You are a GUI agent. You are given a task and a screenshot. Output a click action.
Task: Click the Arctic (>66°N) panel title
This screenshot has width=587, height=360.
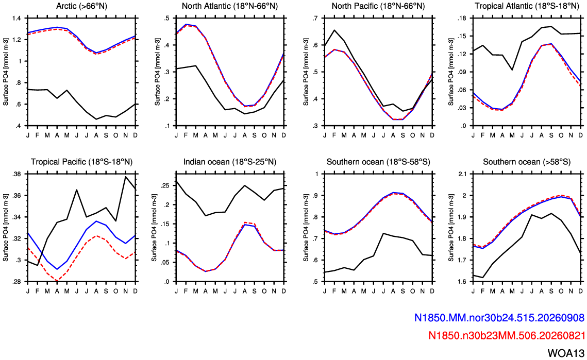[x=81, y=6]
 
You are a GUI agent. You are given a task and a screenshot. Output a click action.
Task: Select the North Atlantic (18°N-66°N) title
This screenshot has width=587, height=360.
[x=230, y=6]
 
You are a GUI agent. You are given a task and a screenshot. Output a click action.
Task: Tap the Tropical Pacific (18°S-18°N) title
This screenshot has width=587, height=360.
[x=81, y=162]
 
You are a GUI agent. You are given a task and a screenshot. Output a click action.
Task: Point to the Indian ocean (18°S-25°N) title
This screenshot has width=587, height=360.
[x=230, y=162]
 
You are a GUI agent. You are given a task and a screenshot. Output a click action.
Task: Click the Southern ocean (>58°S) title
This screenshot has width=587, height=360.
[x=527, y=162]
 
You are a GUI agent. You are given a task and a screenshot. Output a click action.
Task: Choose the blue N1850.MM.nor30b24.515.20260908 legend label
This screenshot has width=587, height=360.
[x=499, y=318]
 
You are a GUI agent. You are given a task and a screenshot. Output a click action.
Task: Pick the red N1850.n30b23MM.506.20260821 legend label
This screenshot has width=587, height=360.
[x=506, y=335]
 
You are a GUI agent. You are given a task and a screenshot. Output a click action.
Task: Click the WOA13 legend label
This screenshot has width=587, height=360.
[x=566, y=353]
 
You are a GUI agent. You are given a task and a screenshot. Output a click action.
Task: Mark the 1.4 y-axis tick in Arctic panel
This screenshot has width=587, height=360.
[x=18, y=18]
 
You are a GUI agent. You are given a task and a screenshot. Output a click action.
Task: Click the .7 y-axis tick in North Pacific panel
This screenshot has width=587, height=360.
[x=317, y=18]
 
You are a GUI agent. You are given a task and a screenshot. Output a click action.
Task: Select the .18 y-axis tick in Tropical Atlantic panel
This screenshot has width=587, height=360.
[x=463, y=18]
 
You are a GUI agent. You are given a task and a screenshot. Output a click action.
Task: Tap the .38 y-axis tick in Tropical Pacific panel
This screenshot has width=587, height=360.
[x=17, y=174]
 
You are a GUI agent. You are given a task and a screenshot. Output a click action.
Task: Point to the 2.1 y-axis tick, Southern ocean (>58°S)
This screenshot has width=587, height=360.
[x=463, y=174]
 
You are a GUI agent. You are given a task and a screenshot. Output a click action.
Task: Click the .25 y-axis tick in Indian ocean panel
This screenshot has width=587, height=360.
[x=165, y=185]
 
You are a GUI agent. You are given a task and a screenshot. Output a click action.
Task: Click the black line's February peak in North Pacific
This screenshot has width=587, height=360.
[x=334, y=30]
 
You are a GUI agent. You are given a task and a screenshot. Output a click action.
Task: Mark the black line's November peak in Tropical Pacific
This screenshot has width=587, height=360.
[x=125, y=177]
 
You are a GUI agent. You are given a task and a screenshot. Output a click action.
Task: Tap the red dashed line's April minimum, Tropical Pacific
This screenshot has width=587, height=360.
[x=57, y=281]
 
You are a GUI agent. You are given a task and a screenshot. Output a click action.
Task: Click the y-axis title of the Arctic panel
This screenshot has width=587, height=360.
[x=6, y=72]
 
